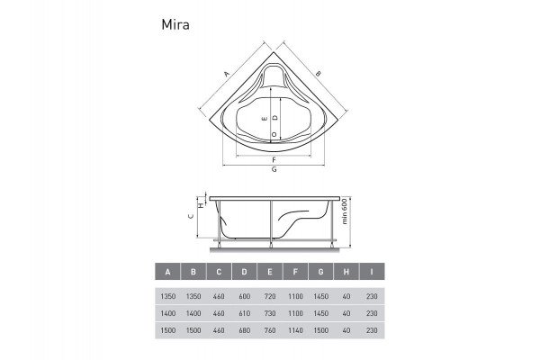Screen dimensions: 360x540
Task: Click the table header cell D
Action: pyautogui.click(x=245, y=272)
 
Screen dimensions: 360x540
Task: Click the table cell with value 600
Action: pyautogui.click(x=245, y=296)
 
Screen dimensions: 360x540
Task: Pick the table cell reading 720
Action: pyautogui.click(x=270, y=296)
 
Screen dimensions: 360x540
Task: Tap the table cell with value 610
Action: pyautogui.click(x=245, y=314)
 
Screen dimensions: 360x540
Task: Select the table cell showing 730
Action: pyautogui.click(x=270, y=314)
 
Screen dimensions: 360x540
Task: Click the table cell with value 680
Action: pyautogui.click(x=245, y=332)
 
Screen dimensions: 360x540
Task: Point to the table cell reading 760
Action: pyautogui.click(x=270, y=332)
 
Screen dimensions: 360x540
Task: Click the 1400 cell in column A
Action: pyautogui.click(x=167, y=314)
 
